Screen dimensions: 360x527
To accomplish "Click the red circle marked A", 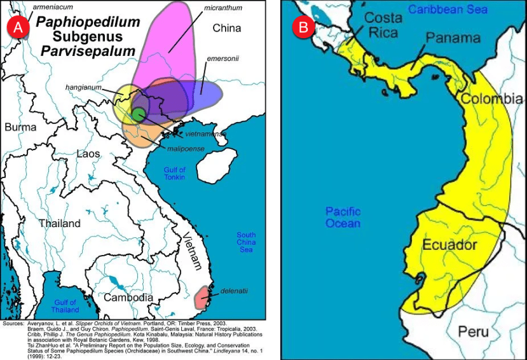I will pos(17,27).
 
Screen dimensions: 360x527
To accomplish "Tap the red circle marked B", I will pos(303,27).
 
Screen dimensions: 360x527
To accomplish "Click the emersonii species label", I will pos(222,58).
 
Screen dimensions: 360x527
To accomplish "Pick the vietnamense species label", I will pos(205,135).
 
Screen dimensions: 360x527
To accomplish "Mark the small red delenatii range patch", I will pos(202,296).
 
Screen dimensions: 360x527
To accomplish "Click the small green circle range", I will pos(138,114).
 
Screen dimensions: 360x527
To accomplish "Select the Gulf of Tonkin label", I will pos(174,173).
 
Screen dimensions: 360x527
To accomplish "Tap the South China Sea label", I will pos(245,242).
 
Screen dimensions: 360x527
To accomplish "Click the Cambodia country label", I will pos(128,297).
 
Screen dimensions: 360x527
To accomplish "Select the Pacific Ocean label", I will pos(343,217).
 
